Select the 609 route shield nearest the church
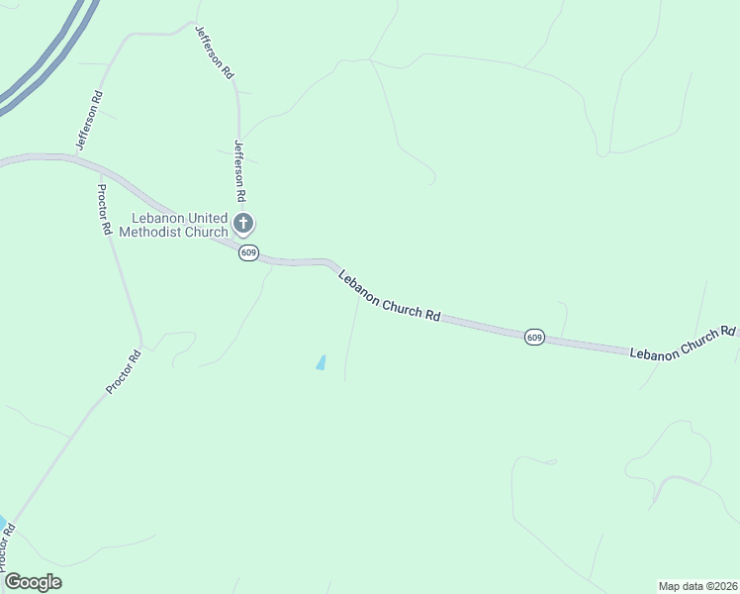click(x=248, y=253)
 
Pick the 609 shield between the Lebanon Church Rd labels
click(x=534, y=338)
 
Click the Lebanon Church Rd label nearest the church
click(x=389, y=295)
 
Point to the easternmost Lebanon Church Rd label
click(x=684, y=343)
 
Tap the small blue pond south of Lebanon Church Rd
click(x=321, y=362)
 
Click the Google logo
click(x=33, y=582)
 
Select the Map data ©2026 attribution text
click(x=697, y=585)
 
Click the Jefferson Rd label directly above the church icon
click(x=238, y=171)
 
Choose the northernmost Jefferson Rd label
click(x=213, y=52)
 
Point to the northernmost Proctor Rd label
click(x=103, y=209)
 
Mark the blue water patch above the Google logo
click(x=2, y=523)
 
